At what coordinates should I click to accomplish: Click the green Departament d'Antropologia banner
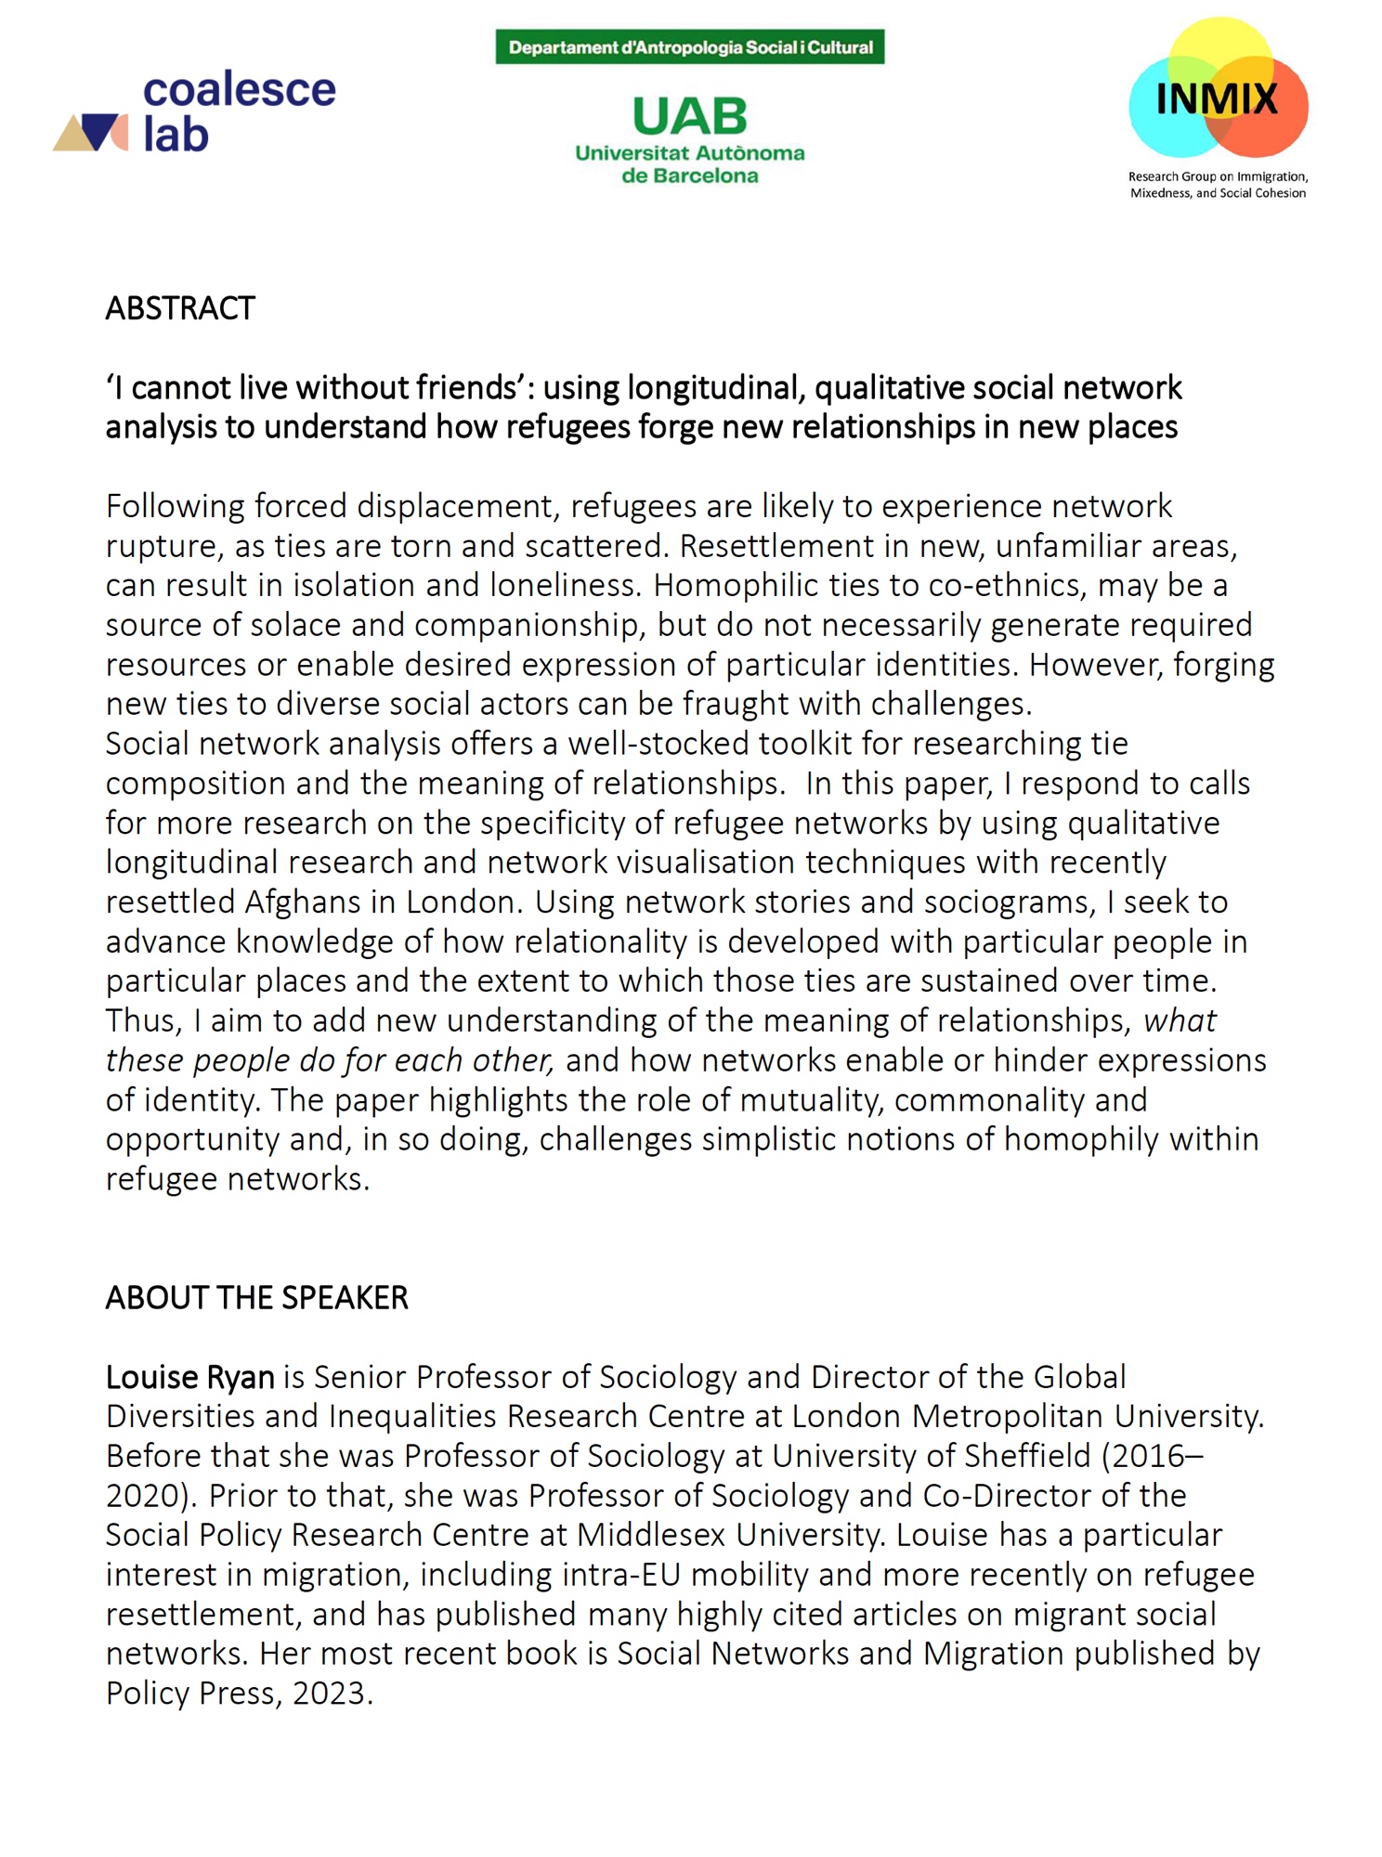[689, 47]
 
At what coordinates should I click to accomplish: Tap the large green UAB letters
[689, 117]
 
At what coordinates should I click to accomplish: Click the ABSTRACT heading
[180, 308]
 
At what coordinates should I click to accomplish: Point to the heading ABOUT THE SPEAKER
[256, 1297]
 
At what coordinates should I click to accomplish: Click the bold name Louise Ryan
[189, 1376]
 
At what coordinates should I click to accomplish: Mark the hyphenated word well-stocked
[658, 743]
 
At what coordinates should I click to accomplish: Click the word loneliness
[565, 585]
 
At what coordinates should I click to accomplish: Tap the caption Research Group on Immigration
[1218, 176]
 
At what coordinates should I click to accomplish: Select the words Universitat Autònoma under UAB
[689, 153]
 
